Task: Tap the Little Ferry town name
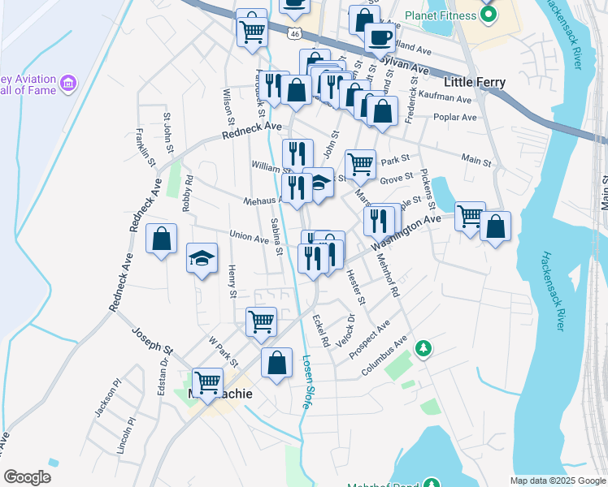(475, 82)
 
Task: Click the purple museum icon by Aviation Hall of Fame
(68, 84)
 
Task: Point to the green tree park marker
(423, 349)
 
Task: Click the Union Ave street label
(249, 237)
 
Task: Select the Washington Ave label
(406, 231)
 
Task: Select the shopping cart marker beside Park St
(360, 165)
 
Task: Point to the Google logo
(28, 477)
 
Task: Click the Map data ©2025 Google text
(557, 481)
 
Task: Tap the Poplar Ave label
(456, 117)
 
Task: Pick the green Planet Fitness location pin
(488, 16)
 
